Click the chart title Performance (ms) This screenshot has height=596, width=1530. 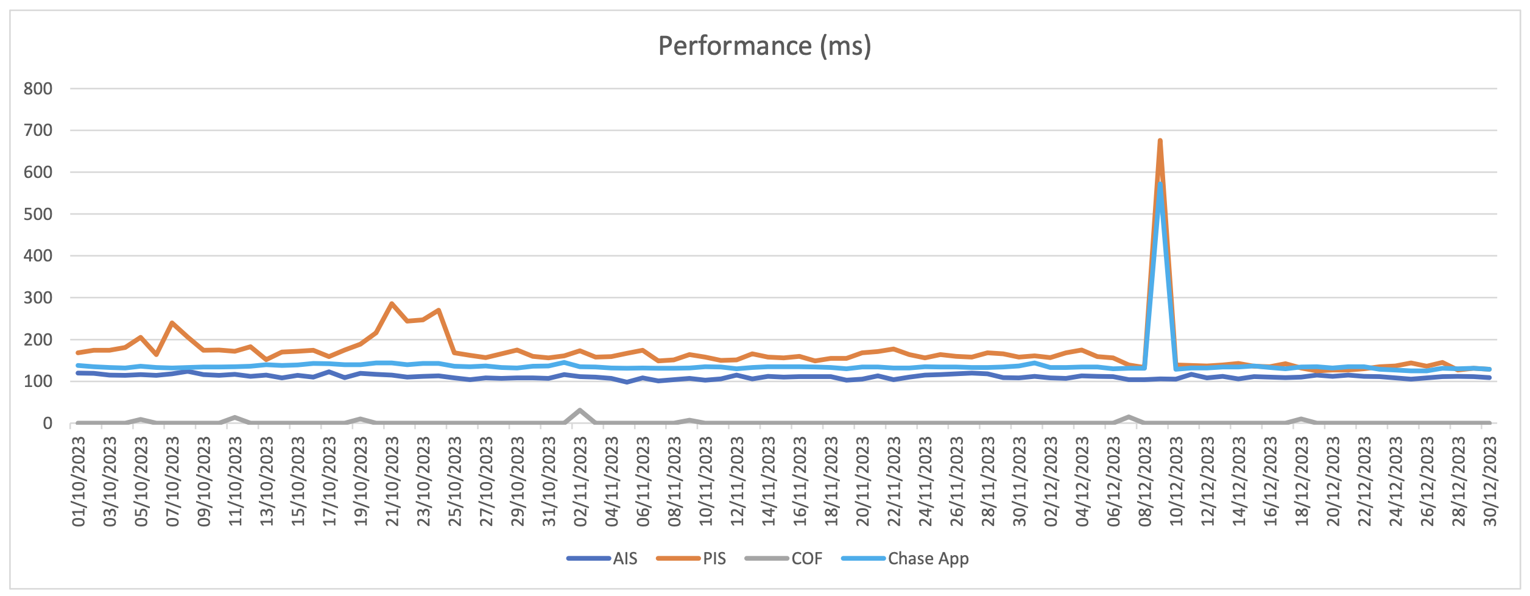coord(764,46)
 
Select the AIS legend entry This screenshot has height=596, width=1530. coord(625,558)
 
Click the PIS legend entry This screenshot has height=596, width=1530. coord(714,558)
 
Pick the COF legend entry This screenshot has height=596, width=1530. coord(806,558)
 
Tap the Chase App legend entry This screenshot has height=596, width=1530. coord(928,558)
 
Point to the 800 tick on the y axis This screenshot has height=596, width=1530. coord(38,89)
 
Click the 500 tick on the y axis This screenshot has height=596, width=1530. coord(38,215)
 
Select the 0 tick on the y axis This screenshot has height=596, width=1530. coord(48,424)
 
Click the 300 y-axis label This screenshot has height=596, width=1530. coord(38,298)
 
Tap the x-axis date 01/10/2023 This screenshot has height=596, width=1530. coord(79,481)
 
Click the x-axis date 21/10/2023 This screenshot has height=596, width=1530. coord(392,481)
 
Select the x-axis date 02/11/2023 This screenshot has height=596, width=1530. coord(580,481)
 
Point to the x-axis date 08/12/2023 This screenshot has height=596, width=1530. coord(1145,481)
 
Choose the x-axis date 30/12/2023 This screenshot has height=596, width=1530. coord(1490,481)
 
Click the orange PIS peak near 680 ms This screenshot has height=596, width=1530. coord(1160,141)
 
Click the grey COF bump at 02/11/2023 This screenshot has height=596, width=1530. coord(580,410)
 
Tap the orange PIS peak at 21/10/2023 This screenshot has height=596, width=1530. coord(392,303)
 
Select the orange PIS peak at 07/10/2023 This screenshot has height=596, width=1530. coord(172,323)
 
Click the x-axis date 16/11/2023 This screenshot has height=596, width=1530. coord(800,481)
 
